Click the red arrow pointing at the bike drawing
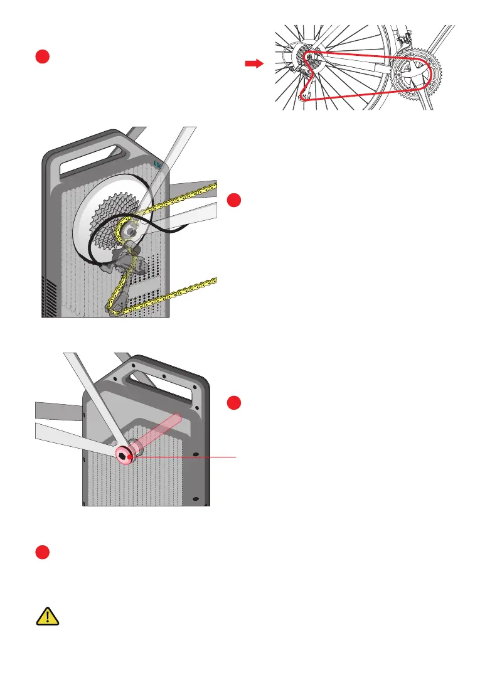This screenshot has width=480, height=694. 253,63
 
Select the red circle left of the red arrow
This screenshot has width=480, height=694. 42,56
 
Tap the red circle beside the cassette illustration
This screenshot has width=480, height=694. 234,200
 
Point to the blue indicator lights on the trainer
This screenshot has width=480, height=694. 158,165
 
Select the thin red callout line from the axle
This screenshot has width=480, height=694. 188,457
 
